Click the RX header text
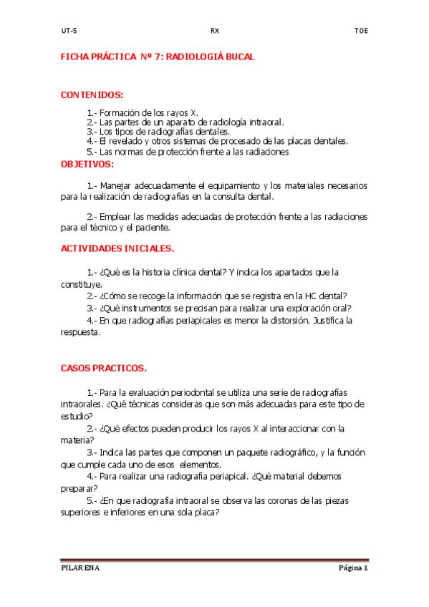(215, 31)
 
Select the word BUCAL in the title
(238, 56)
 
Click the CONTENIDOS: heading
(92, 95)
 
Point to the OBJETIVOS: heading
(87, 164)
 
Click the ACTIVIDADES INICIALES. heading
(117, 249)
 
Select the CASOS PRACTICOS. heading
(104, 369)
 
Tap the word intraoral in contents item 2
(267, 122)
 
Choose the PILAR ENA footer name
(80, 568)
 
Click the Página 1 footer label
(352, 568)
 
